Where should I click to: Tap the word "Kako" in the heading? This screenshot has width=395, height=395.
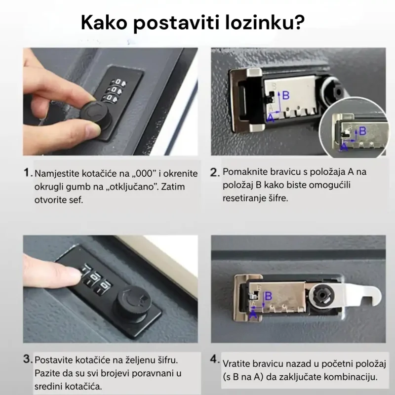point(104,22)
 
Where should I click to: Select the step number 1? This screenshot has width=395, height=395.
point(28,173)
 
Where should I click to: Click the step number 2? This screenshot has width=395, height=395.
point(215,172)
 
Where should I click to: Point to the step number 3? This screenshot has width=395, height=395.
point(28,359)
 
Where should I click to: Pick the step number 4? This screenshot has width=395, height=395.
point(215,359)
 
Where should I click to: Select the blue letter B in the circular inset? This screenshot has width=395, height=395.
point(362,131)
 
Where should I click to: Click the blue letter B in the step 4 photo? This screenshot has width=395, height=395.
point(269,296)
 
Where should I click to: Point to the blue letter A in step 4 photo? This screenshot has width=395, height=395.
point(253,315)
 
